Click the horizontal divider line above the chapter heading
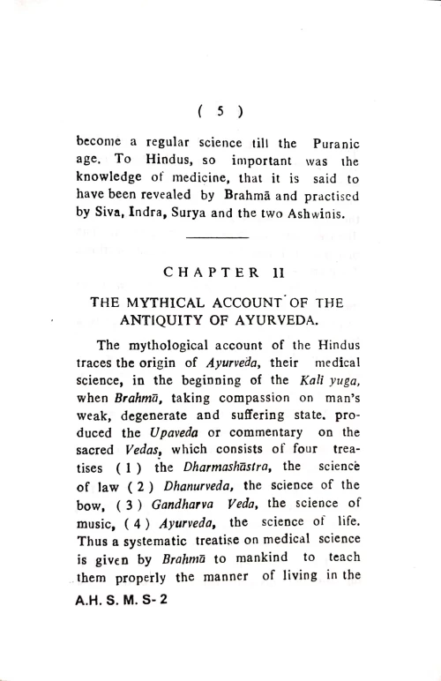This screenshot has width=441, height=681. tap(220, 238)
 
